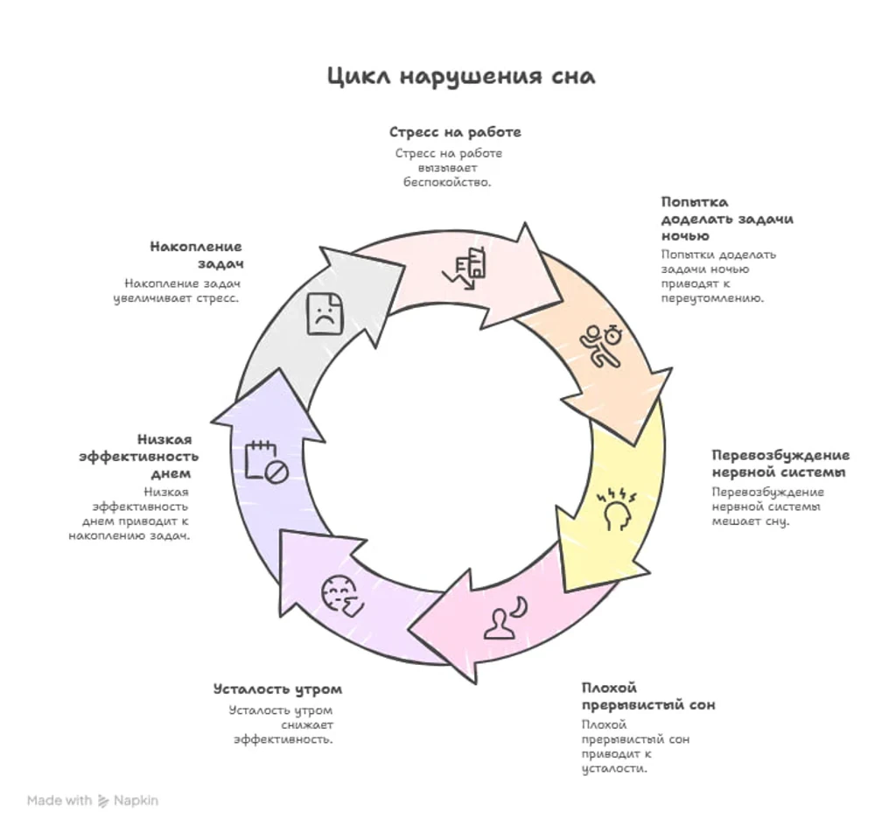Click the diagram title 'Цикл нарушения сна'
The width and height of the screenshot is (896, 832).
461,76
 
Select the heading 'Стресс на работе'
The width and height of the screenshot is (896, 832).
455,132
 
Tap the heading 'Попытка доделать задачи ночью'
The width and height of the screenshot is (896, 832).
727,219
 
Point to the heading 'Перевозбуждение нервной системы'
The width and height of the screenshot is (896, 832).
780,464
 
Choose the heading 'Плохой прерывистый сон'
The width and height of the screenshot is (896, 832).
648,696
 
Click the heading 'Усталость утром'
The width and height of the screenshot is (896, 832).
277,689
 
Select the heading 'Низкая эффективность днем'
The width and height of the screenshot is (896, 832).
139,457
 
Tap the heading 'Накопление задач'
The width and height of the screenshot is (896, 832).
197,255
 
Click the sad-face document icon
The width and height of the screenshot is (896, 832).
325,313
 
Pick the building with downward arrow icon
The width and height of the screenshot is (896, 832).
465,269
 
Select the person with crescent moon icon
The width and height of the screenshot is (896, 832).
506,617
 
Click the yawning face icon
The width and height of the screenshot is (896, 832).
341,596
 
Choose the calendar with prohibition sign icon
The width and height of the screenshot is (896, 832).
266,462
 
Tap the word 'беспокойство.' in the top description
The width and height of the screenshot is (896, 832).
447,182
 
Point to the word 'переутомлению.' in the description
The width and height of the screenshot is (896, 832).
712,298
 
